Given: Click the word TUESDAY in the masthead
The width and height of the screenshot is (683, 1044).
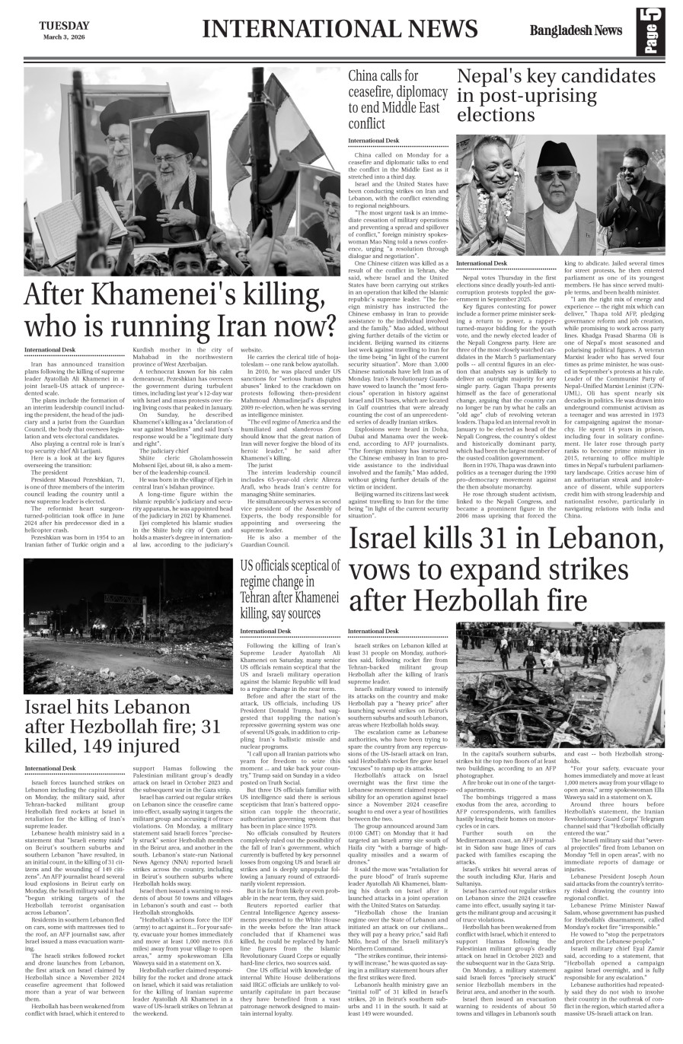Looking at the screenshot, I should pos(64,25).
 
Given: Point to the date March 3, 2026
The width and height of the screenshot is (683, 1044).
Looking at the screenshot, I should pos(64,37).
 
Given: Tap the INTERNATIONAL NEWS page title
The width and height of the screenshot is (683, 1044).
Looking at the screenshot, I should pos(340,29).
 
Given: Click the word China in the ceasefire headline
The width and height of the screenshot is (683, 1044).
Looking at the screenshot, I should pos(365,76).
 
